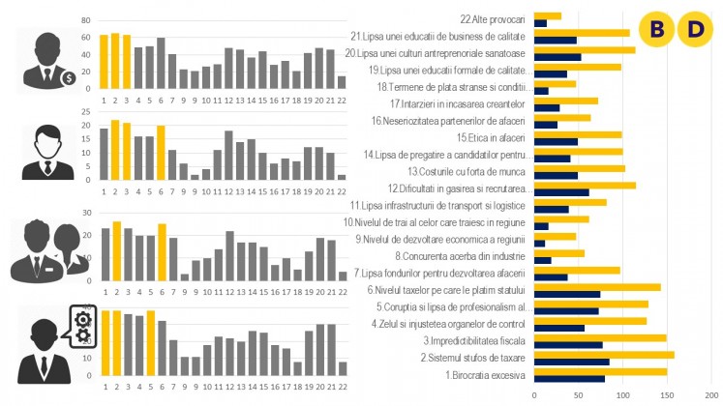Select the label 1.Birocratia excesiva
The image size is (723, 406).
click(x=485, y=374)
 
